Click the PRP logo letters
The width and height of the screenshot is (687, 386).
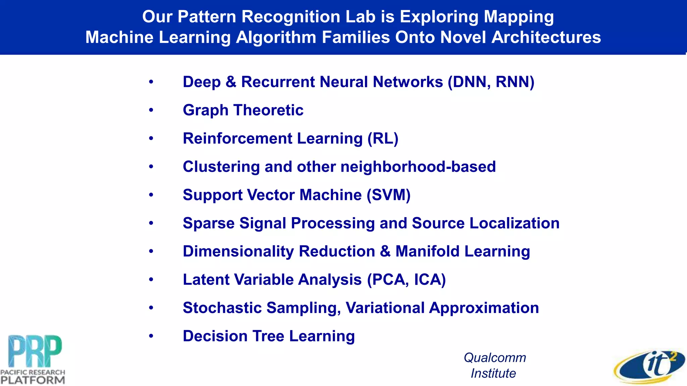point(35,351)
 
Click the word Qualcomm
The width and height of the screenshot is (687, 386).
point(495,358)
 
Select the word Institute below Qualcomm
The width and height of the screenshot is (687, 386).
point(493,373)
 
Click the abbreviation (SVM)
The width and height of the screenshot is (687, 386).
point(388,195)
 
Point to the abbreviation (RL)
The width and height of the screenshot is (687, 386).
point(383,139)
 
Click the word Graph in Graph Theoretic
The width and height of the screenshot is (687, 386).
point(205,111)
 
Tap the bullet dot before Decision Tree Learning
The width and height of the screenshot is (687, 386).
point(151,336)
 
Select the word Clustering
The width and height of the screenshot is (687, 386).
point(221,167)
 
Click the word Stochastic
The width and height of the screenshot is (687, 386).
point(222,308)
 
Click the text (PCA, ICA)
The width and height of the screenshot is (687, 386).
point(406,280)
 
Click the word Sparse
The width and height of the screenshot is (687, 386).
point(208,223)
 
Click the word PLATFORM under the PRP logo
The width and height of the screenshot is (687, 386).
point(33,380)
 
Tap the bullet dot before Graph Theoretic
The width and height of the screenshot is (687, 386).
point(151,110)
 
